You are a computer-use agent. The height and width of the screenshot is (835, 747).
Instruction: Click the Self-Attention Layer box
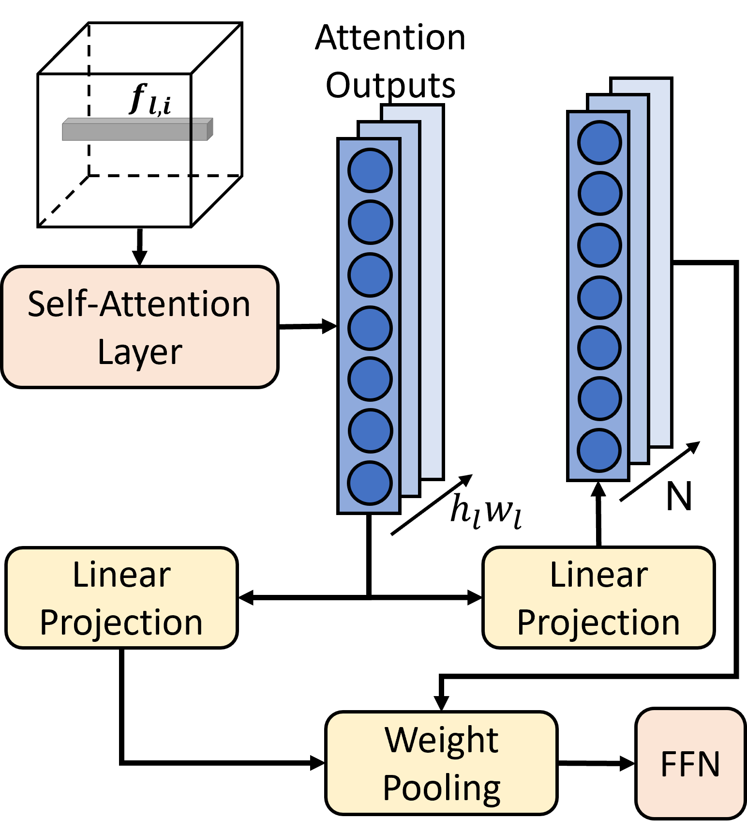pyautogui.click(x=139, y=327)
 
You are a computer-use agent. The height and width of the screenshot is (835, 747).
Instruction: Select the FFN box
pyautogui.click(x=690, y=763)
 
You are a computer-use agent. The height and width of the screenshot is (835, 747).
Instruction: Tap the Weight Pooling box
pyautogui.click(x=441, y=763)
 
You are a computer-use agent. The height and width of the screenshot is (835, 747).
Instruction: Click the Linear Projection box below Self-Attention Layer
pyautogui.click(x=121, y=597)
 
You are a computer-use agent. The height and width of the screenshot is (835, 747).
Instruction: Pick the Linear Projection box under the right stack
pyautogui.click(x=598, y=597)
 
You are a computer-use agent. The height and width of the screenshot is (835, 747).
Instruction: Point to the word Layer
pyautogui.click(x=140, y=352)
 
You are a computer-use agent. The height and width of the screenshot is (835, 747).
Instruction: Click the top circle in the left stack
pyautogui.click(x=370, y=170)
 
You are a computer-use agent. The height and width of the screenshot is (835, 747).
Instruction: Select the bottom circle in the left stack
pyautogui.click(x=370, y=483)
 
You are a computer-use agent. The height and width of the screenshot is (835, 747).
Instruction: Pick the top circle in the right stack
pyautogui.click(x=599, y=142)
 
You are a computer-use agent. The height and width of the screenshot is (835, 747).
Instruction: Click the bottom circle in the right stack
pyautogui.click(x=599, y=450)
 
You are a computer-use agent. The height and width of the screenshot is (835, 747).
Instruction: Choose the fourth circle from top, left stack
pyautogui.click(x=370, y=328)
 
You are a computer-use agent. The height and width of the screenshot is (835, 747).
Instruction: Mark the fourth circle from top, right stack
pyautogui.click(x=599, y=297)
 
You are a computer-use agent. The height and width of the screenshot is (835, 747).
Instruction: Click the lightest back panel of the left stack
pyautogui.click(x=432, y=290)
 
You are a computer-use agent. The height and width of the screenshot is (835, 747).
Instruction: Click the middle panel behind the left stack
pyautogui.click(x=409, y=310)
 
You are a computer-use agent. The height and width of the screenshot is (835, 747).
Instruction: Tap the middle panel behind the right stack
pyautogui.click(x=638, y=281)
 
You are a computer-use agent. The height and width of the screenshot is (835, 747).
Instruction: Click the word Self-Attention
pyautogui.click(x=139, y=304)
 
